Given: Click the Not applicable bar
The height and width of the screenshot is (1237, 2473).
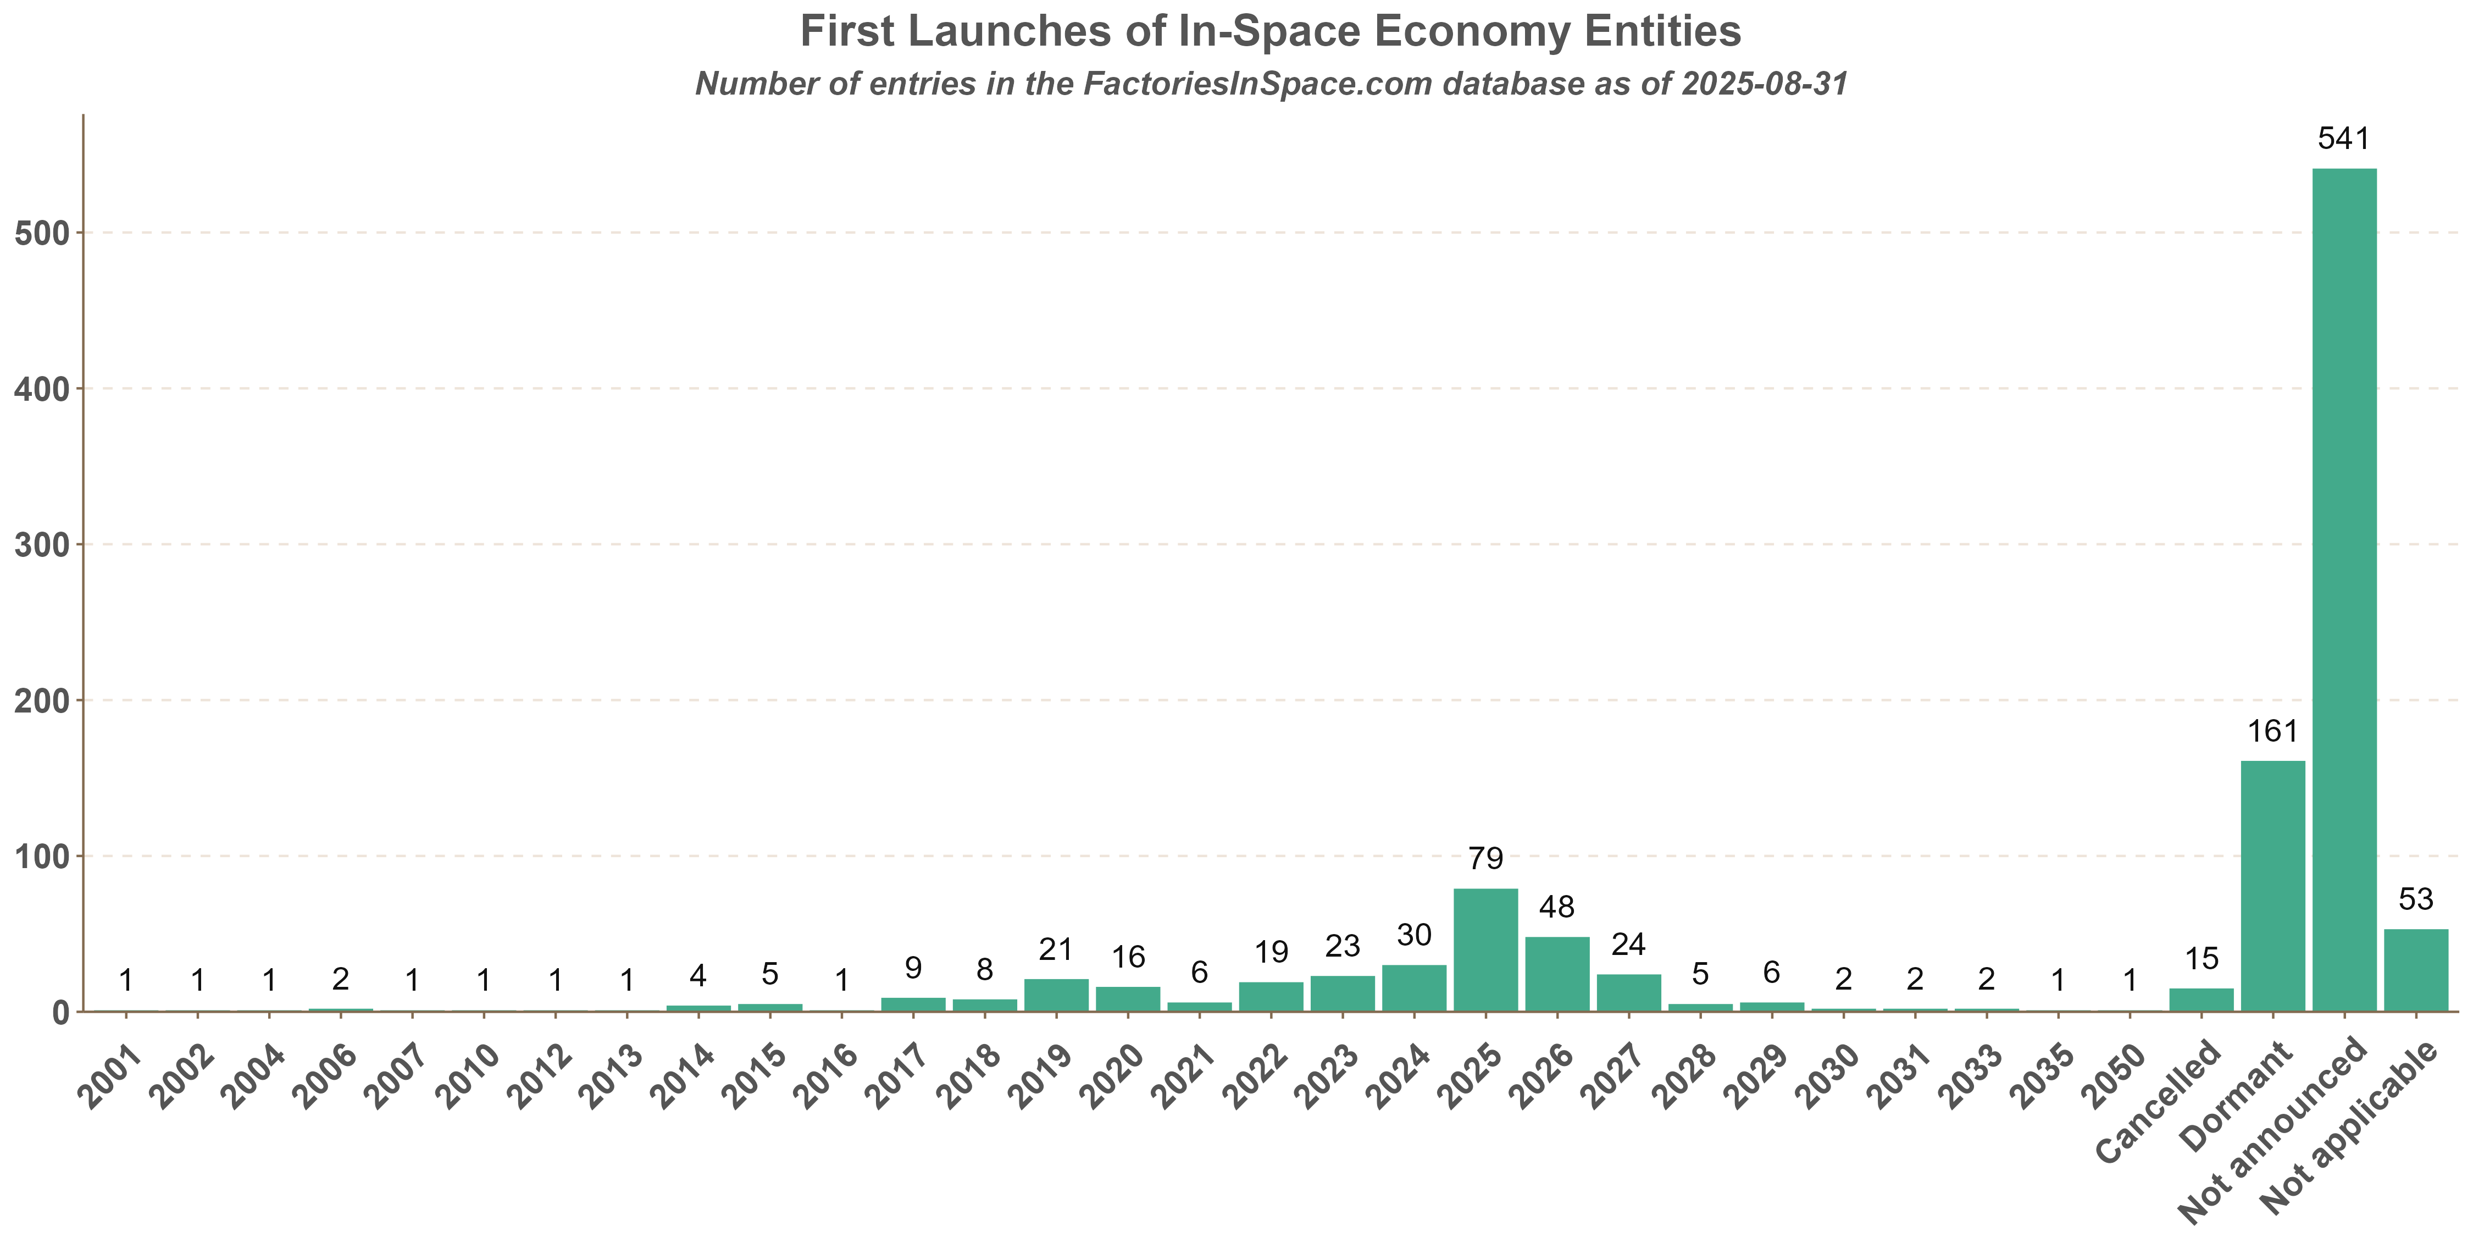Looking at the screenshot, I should click(2415, 970).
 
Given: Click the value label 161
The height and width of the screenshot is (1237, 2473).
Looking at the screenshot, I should click(2272, 732).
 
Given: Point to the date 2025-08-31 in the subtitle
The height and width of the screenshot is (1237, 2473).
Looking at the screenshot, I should click(1765, 85).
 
